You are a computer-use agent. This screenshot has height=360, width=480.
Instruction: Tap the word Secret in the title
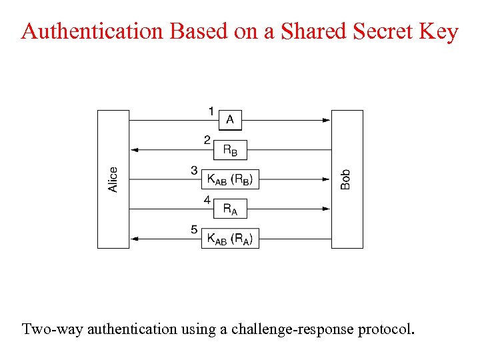pos(370,31)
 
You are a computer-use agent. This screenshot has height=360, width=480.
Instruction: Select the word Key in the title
pos(436,31)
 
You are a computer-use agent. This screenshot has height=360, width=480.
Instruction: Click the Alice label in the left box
pos(113,179)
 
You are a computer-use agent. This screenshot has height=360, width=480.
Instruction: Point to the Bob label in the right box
pos(345,179)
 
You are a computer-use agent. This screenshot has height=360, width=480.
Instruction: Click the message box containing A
pos(230,120)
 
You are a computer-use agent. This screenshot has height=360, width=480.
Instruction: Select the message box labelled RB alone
pos(230,150)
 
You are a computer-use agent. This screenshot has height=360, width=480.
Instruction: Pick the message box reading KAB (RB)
pos(230,179)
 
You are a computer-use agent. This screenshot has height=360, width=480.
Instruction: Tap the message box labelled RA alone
pos(230,209)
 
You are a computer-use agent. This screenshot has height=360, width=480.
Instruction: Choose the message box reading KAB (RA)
pos(230,239)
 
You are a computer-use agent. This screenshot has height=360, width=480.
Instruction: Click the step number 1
pos(211,111)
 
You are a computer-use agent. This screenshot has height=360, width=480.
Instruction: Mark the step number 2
pos(207,140)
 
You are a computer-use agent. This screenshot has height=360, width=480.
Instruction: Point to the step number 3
pos(194,170)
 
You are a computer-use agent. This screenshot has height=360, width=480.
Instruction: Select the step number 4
pos(207,199)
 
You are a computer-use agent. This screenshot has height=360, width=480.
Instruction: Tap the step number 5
pos(194,229)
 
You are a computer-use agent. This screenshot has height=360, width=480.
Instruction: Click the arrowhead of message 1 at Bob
pos(327,120)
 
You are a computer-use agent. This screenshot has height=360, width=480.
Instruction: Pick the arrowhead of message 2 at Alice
pos(134,150)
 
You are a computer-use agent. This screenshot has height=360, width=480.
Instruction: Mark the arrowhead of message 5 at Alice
pos(134,239)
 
